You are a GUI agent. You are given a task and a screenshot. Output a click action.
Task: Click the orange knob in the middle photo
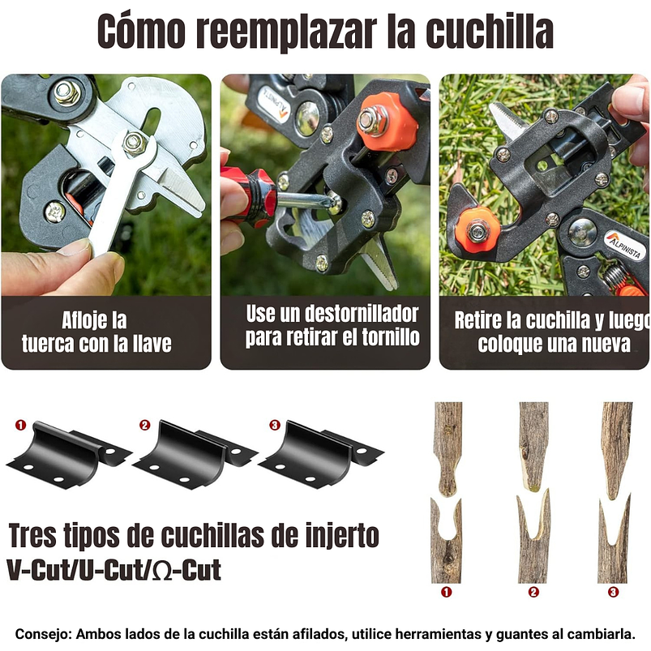coord(386,122)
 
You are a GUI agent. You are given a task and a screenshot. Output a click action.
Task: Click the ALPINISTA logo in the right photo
coord(625,244)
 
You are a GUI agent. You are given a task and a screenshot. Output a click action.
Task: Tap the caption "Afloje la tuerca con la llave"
coord(96,332)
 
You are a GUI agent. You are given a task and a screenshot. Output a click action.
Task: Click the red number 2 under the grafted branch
coord(533,592)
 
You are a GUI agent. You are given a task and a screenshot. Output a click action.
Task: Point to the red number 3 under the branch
coord(613,592)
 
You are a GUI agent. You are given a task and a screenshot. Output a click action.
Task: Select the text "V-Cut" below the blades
coord(37,570)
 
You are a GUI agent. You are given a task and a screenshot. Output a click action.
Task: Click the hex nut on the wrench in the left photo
coord(135,143)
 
